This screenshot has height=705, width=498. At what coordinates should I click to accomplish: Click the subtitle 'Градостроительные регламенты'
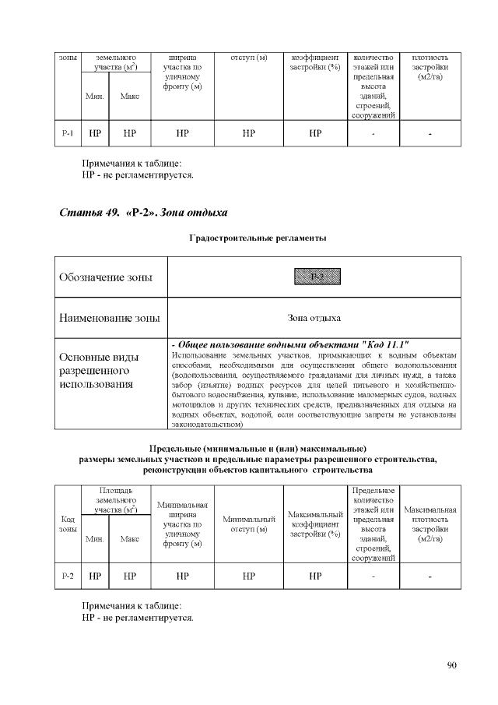point(258,237)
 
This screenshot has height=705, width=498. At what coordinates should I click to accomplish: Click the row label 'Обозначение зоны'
point(106,277)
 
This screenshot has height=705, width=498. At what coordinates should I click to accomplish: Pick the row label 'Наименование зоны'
point(110,318)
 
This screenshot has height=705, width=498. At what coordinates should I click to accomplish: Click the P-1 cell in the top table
point(68,133)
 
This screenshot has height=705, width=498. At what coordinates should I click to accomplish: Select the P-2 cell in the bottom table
point(68,576)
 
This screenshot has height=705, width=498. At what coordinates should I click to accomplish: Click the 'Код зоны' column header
point(68,523)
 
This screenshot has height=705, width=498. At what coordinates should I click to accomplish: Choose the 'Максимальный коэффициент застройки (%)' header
point(315,523)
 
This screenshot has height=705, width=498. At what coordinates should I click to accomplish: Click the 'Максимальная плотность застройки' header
point(430,523)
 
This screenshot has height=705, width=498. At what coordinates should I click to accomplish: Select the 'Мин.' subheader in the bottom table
point(95,538)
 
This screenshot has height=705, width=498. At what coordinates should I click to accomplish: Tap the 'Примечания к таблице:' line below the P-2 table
point(132,605)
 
